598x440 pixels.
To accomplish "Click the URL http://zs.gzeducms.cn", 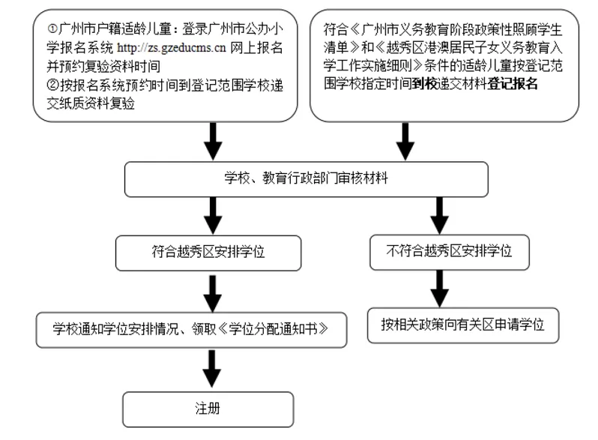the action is pyautogui.click(x=172, y=48).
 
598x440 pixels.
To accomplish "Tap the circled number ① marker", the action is pyautogui.click(x=52, y=28).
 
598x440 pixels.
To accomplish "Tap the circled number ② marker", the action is pyautogui.click(x=52, y=85).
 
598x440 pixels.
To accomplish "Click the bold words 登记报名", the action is pyautogui.click(x=512, y=83).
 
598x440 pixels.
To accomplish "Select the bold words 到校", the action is pyautogui.click(x=425, y=83).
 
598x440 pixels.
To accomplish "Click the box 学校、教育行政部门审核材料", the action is pyautogui.click(x=306, y=179).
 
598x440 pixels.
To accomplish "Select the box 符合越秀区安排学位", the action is pyautogui.click(x=208, y=253).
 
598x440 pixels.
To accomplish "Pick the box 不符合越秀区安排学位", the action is pyautogui.click(x=450, y=252).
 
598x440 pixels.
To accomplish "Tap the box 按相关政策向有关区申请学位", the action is pyautogui.click(x=463, y=325).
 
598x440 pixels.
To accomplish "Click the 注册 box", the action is pyautogui.click(x=208, y=409).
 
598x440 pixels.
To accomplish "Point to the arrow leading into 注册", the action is pyautogui.click(x=212, y=368).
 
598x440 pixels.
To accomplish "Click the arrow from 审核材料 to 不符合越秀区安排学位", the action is pyautogui.click(x=439, y=216).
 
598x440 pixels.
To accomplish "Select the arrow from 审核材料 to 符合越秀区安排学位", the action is pyautogui.click(x=213, y=216).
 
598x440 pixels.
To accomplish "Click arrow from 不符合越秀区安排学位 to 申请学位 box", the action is pyautogui.click(x=439, y=289).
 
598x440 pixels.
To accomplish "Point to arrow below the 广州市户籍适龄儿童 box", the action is pyautogui.click(x=213, y=141).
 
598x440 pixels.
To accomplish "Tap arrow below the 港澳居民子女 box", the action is pyautogui.click(x=405, y=141).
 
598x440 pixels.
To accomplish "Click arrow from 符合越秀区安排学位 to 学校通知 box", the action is pyautogui.click(x=212, y=294).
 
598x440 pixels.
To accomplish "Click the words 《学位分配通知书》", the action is pyautogui.click(x=274, y=329).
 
